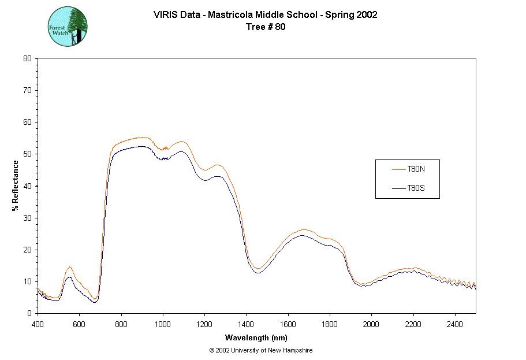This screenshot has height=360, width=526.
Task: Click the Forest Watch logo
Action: [x=68, y=27]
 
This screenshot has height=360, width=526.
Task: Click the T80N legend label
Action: [x=416, y=169]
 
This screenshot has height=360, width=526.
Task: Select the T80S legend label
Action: [x=416, y=188]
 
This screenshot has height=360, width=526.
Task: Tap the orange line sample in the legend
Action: [x=398, y=169]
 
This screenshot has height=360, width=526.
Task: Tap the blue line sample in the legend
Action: [x=398, y=188]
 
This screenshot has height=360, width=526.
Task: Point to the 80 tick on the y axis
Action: [x=27, y=58]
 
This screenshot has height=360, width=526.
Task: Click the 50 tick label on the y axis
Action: [x=27, y=154]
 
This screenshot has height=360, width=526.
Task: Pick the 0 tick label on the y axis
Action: [x=29, y=313]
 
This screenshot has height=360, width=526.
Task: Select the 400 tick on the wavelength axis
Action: [x=38, y=324]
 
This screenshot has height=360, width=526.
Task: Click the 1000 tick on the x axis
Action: [x=163, y=324]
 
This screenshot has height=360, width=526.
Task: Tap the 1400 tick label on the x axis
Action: [x=246, y=324]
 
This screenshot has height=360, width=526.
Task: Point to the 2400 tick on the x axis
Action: [x=455, y=324]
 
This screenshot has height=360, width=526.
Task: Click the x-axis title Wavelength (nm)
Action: [x=256, y=338]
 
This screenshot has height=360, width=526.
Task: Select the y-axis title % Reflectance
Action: [x=16, y=185]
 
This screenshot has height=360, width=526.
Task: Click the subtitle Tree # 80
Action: [x=265, y=27]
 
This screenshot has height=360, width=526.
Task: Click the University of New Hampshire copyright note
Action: [x=261, y=351]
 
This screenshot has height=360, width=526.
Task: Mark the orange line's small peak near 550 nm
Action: [x=69, y=267]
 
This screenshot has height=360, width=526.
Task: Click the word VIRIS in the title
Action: [x=165, y=15]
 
